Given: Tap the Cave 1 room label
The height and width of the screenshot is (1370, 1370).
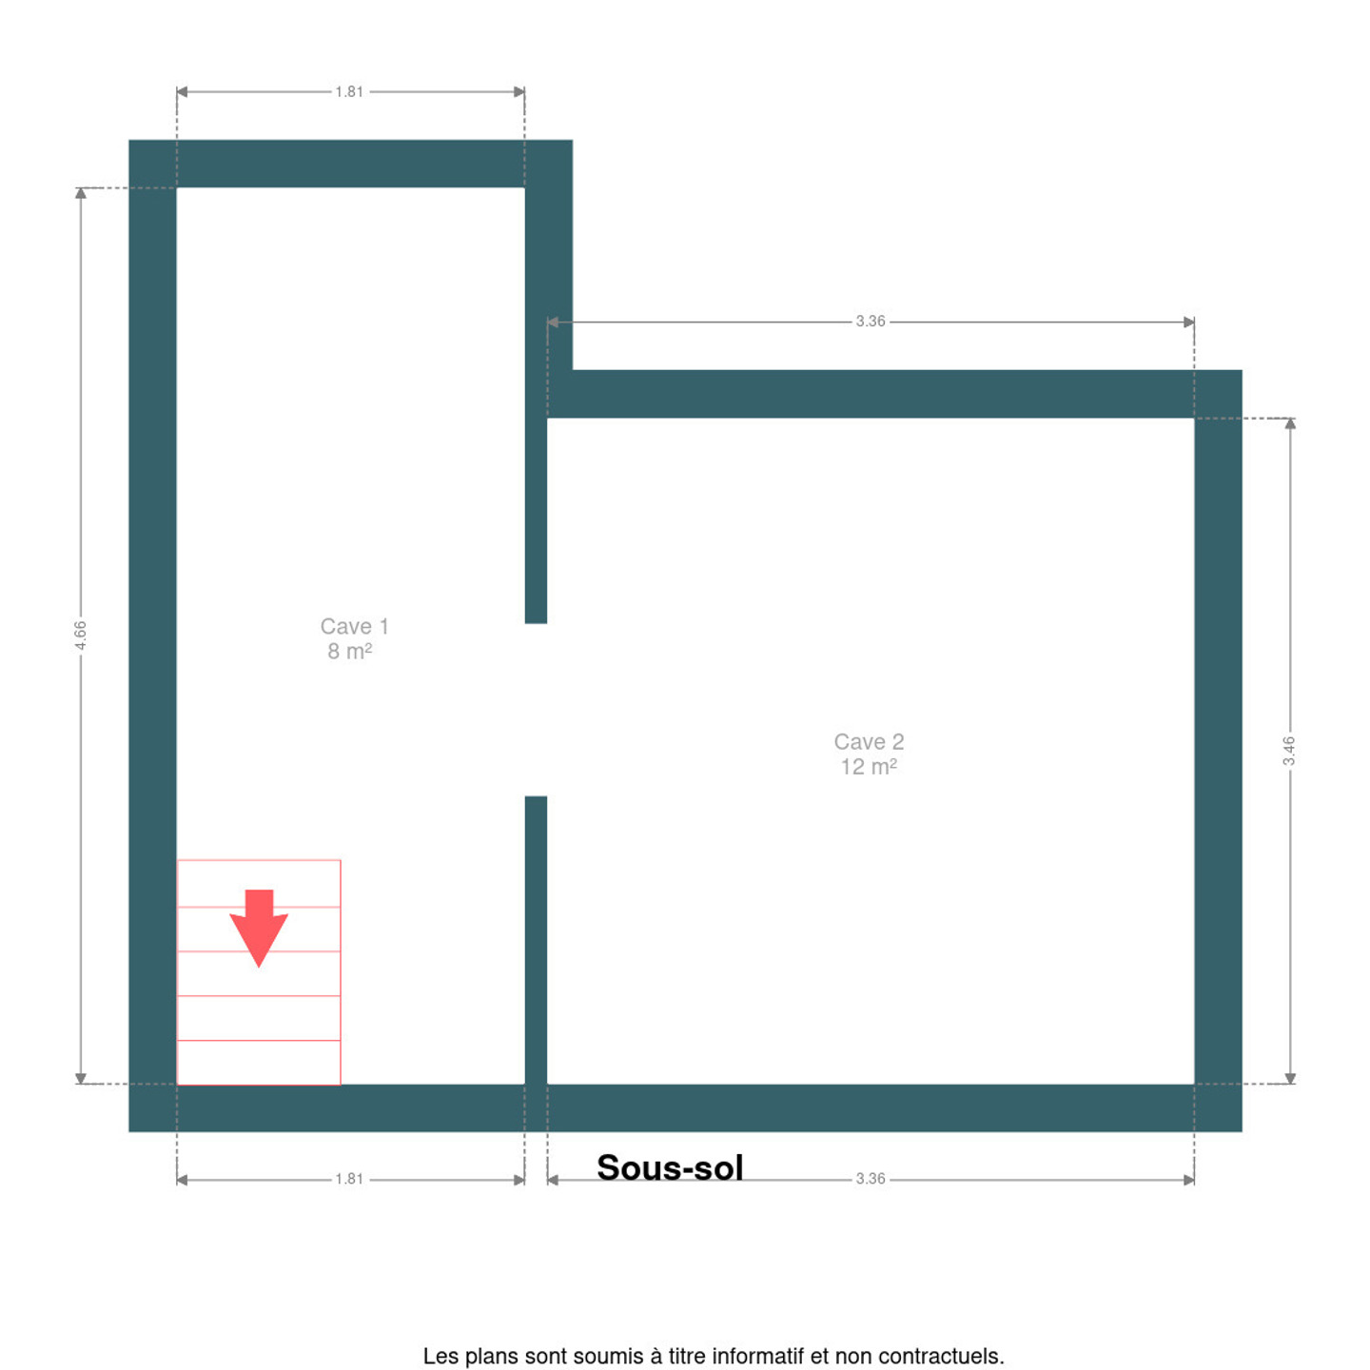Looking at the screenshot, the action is [354, 626].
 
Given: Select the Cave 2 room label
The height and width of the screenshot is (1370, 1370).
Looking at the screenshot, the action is [869, 741].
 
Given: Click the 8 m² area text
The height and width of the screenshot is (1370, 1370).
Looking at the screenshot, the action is [349, 651].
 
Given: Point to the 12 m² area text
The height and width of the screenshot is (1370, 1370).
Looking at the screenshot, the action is [868, 767].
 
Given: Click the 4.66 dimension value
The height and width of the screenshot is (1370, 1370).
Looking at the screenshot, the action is [80, 635].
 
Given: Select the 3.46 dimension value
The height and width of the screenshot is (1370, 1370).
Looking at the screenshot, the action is [1289, 751].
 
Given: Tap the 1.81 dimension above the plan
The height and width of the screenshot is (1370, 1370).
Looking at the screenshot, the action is [349, 91].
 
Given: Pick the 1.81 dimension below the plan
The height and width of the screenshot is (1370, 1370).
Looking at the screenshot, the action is [349, 1179].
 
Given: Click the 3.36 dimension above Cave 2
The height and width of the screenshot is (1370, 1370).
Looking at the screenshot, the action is [871, 322].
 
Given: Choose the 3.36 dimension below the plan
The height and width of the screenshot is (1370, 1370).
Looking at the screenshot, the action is [871, 1179].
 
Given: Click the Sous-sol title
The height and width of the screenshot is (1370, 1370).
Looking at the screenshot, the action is [670, 1167].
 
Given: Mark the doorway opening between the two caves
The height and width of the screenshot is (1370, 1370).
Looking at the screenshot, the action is [536, 710].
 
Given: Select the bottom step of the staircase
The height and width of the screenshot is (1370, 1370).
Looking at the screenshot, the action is [258, 1062].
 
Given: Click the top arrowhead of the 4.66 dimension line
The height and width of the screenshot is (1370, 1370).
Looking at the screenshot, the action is [80, 193].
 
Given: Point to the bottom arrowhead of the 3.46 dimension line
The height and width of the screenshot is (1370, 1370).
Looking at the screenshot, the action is [1290, 1079].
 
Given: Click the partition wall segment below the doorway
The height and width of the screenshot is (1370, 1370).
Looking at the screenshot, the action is [536, 940].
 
